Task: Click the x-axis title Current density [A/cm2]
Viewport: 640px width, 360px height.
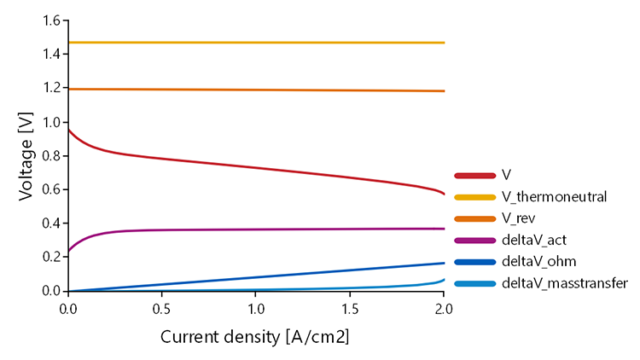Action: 255,337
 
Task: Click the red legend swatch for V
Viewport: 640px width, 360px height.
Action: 475,175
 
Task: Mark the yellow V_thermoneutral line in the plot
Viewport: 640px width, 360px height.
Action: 256,42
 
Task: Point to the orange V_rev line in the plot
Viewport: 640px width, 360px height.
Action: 256,90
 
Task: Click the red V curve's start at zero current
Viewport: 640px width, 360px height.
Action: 68,130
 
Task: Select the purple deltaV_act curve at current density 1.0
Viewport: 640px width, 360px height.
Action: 256,229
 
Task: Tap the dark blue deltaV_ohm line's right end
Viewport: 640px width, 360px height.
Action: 444,264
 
